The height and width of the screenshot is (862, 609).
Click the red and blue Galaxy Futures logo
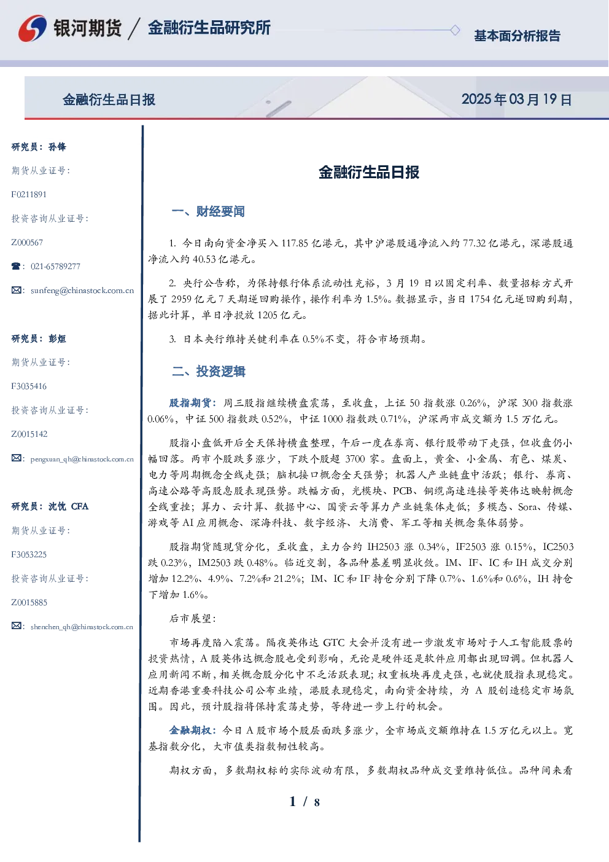[33, 28]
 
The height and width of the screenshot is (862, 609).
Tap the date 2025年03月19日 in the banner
[517, 100]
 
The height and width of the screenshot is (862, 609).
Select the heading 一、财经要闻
[208, 211]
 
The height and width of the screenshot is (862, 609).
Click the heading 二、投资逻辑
[208, 371]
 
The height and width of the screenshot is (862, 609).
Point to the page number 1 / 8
[304, 802]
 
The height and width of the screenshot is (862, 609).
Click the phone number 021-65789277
[55, 266]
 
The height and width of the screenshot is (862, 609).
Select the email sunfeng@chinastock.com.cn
[82, 291]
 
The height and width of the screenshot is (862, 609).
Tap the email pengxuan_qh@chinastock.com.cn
[82, 459]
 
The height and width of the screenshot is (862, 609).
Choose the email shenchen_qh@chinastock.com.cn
[82, 627]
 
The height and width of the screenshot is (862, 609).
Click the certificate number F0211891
[29, 194]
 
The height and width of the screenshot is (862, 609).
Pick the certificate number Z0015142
[29, 434]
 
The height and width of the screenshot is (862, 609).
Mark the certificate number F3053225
[29, 555]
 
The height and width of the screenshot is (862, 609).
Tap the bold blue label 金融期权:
[193, 731]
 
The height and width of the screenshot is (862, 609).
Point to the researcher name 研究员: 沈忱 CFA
[50, 506]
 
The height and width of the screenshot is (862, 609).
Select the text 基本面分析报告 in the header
[517, 36]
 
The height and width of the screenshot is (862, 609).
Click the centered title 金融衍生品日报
[369, 172]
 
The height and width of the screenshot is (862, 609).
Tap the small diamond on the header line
[455, 30]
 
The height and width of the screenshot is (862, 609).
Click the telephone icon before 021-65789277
[16, 266]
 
